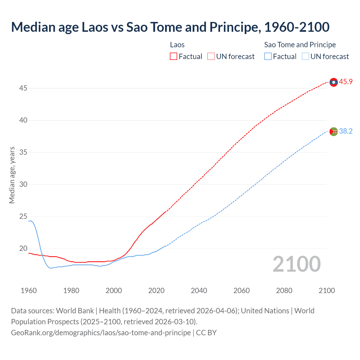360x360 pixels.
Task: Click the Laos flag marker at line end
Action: (334, 82)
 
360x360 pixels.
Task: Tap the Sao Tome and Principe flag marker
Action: (334, 131)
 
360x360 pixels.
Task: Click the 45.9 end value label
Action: (346, 82)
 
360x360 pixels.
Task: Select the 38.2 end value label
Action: (346, 131)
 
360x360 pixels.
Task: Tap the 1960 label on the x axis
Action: (29, 291)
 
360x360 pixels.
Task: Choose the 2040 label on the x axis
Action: (199, 291)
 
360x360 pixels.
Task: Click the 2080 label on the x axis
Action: (284, 291)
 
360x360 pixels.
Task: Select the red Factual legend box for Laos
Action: (174, 57)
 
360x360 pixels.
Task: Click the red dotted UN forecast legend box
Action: (211, 57)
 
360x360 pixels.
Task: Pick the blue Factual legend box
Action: (268, 57)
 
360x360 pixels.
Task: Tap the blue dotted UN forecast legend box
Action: (305, 57)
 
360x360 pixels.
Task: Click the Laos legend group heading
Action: (177, 45)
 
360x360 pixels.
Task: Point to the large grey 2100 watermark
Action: (297, 264)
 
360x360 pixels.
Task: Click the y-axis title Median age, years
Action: (12, 175)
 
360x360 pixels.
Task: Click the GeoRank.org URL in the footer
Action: (101, 333)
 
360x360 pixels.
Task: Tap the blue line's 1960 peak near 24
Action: (30, 221)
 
